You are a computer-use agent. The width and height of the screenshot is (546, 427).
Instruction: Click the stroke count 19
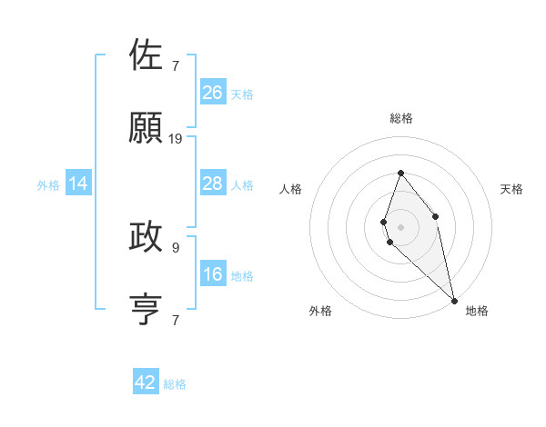click(176, 139)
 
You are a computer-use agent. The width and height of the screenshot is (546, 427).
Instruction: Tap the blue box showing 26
click(213, 93)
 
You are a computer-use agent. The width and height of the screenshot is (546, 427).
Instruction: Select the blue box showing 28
click(213, 184)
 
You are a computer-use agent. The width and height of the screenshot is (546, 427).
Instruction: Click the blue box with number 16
click(213, 274)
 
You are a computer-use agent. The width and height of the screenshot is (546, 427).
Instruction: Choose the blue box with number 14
click(78, 184)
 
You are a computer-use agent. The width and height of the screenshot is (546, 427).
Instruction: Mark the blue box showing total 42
click(146, 382)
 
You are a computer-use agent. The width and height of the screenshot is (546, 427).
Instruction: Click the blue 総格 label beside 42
click(175, 384)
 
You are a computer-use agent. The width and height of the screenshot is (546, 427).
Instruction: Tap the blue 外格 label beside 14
click(48, 185)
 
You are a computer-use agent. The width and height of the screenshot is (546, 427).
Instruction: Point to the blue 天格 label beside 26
click(242, 94)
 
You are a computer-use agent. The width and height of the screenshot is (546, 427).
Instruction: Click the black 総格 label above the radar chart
click(401, 118)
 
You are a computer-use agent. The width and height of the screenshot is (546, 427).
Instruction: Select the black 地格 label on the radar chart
click(477, 311)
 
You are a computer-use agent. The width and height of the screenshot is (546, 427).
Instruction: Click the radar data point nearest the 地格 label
click(454, 300)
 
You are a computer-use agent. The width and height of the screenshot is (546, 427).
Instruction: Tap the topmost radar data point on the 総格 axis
click(400, 173)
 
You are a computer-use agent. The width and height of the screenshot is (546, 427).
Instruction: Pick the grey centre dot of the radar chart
click(400, 226)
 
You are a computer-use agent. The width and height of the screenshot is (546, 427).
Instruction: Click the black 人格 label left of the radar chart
click(291, 189)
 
